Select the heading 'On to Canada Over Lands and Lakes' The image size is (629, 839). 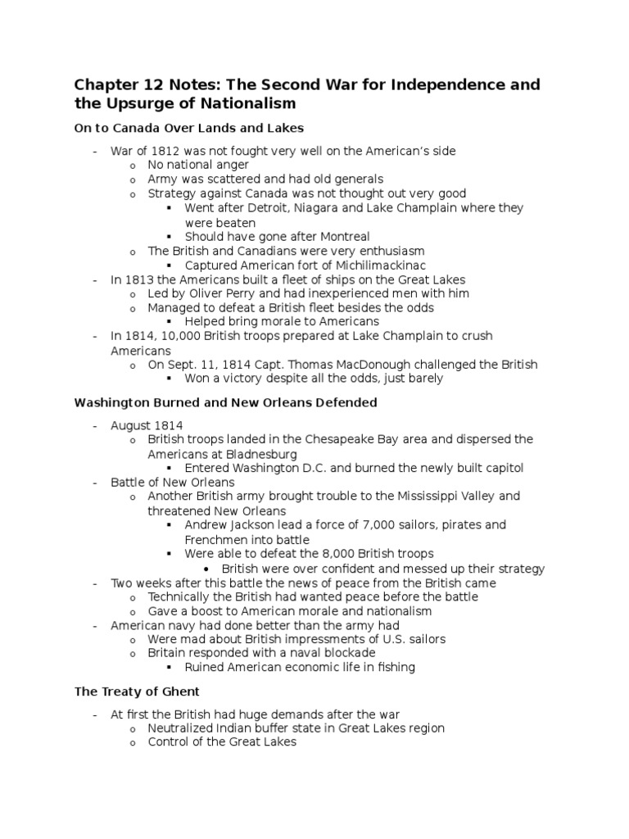tap(189, 128)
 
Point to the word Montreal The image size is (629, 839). tap(342, 237)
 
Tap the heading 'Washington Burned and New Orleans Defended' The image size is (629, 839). tap(225, 402)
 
